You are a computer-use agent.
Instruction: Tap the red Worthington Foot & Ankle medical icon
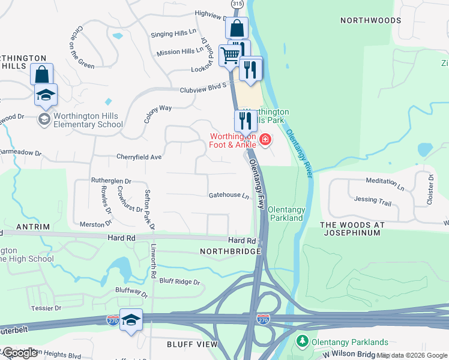(265, 140)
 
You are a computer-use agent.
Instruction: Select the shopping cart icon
(231, 56)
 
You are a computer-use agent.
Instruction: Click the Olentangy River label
(299, 153)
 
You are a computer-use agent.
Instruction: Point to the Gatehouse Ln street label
(229, 196)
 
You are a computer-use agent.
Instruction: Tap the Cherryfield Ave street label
(139, 157)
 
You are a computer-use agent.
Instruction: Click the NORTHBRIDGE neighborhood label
(231, 251)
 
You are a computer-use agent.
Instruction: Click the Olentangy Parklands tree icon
(303, 341)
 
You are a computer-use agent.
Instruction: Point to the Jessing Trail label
(373, 200)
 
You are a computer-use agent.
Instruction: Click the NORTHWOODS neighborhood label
(370, 20)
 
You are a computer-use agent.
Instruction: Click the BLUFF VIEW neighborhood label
(192, 344)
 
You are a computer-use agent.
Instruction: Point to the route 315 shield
(237, 4)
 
